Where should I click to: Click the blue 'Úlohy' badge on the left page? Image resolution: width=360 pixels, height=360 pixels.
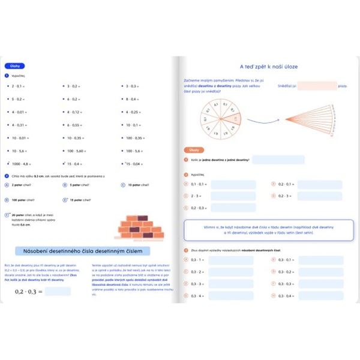(x=14, y=66)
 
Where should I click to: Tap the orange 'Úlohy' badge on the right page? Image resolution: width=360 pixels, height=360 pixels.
(x=196, y=149)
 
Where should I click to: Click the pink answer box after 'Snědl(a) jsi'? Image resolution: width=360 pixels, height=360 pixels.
(x=317, y=86)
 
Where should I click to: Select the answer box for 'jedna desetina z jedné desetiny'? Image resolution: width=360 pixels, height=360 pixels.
(x=278, y=160)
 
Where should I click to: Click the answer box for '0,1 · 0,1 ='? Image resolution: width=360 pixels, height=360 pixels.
(x=233, y=184)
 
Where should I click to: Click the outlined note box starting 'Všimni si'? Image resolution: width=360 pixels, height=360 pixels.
(x=268, y=230)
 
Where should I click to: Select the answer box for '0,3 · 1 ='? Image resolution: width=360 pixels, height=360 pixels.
(x=233, y=260)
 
